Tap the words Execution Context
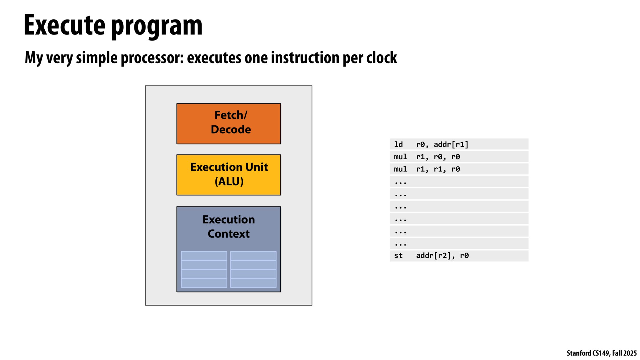tap(228, 226)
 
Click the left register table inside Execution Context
tap(204, 269)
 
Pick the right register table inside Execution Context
tap(253, 269)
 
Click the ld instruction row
tap(459, 144)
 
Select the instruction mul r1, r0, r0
tap(459, 157)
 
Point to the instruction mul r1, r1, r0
tap(459, 169)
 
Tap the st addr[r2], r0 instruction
tap(459, 256)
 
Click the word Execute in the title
tap(64, 25)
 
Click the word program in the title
tap(157, 26)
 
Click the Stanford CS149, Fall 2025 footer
tap(601, 353)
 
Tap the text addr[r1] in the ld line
tap(451, 145)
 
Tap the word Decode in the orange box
tap(230, 129)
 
